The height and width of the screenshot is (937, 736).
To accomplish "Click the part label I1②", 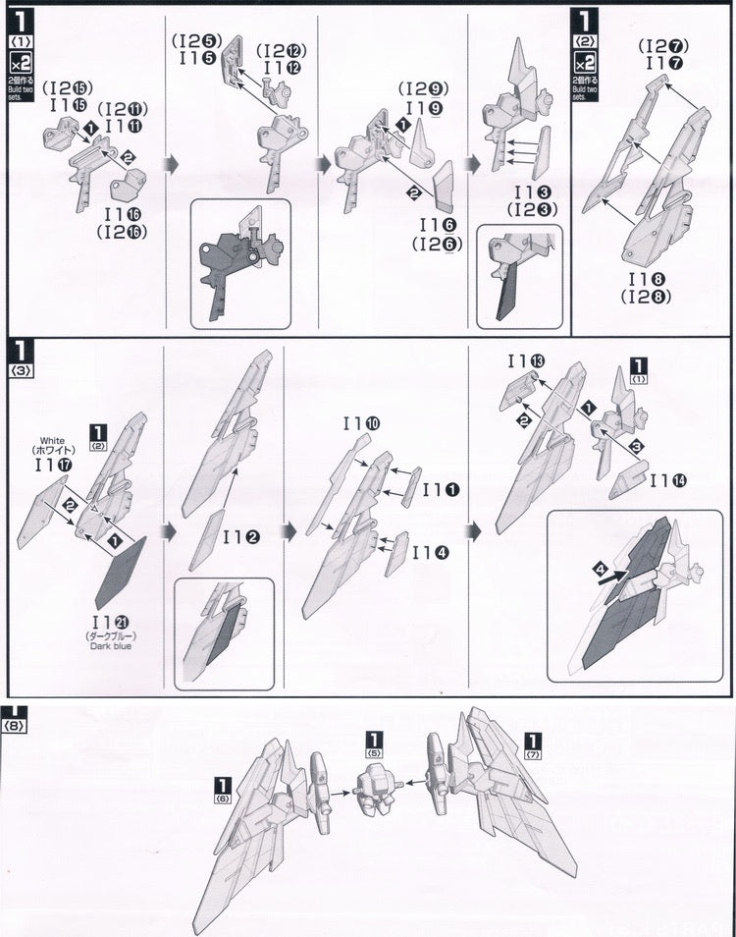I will coord(239,537).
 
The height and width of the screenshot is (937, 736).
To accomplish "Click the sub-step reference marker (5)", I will coord(374,744).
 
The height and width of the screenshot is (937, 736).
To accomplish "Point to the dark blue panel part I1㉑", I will coord(121,574).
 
